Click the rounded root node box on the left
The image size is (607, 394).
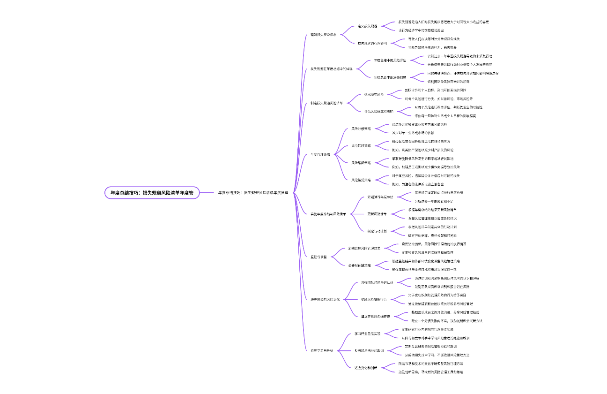point(152,192)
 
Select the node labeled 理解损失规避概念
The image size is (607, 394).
point(323,34)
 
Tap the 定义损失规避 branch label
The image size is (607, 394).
point(368,26)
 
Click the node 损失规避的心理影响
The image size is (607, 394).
point(372,43)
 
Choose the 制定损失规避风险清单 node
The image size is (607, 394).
point(326,103)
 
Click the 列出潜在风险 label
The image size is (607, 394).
point(374,94)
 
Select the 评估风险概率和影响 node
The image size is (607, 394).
point(379,111)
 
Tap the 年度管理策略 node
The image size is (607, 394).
point(320,154)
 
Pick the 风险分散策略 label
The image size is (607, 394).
point(361,128)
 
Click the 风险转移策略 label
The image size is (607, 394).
point(361,145)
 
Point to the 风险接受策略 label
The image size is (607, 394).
point(361,180)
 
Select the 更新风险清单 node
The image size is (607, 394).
point(377,214)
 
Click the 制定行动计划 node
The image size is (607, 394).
point(377,231)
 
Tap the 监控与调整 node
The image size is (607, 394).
point(318,257)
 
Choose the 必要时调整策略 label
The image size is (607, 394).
point(359,265)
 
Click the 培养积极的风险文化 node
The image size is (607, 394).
point(325,299)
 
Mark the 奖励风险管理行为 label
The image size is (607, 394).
point(374,299)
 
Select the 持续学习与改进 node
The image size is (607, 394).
point(322,350)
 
